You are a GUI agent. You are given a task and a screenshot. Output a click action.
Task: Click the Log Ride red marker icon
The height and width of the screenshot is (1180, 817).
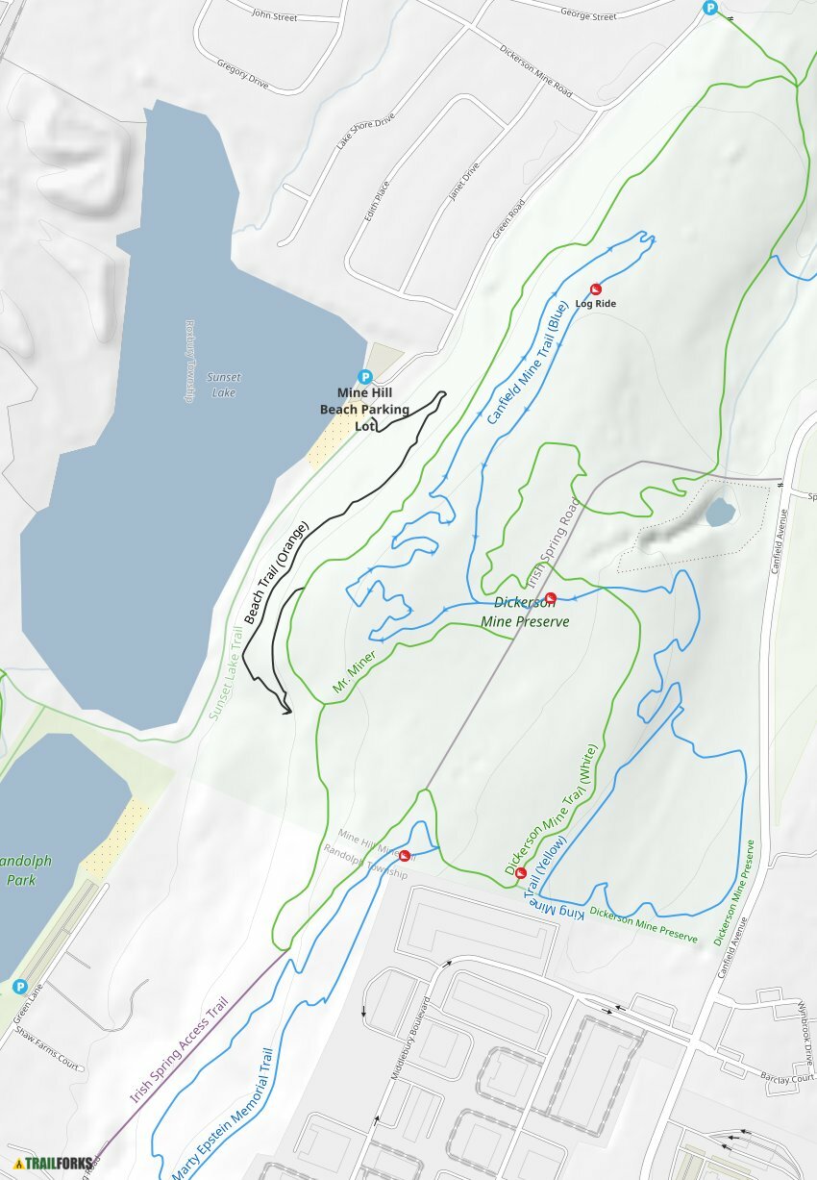coord(595,289)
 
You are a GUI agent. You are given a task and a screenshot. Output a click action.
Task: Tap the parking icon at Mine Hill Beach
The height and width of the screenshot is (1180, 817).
coord(364,377)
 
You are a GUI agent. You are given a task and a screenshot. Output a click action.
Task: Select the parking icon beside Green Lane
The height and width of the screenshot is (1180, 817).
coord(19,987)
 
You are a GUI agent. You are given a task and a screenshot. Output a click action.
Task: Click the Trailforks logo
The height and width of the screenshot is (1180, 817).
coord(54,1163)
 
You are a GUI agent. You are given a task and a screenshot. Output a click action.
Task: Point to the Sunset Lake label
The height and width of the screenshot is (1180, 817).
coord(223,385)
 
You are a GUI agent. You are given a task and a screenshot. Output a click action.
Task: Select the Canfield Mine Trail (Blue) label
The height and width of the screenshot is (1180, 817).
coord(527,364)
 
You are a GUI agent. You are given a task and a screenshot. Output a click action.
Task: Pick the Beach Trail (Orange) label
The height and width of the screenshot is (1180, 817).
coord(277,572)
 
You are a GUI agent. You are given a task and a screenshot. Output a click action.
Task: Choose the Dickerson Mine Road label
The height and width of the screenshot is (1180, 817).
coord(536,72)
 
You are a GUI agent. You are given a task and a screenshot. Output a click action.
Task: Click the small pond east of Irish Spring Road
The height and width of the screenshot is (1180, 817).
coord(720,512)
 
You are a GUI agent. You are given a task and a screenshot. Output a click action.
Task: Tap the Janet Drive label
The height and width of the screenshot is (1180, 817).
coord(463,182)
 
